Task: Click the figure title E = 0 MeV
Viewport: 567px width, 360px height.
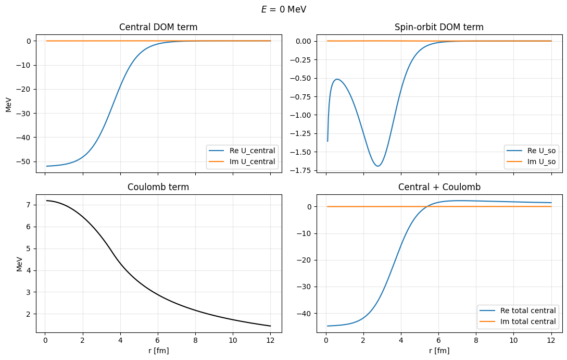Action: (x=283, y=9)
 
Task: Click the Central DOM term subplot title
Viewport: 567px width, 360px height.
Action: (x=158, y=27)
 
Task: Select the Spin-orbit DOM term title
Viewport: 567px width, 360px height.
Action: (x=439, y=27)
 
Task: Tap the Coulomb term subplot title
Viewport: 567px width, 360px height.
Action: (x=158, y=187)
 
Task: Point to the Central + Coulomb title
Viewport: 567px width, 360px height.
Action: (x=439, y=187)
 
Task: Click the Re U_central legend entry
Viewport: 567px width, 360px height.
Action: (x=241, y=151)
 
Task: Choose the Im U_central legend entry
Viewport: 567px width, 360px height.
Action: (x=241, y=162)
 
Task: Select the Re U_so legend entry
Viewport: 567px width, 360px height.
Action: (x=532, y=151)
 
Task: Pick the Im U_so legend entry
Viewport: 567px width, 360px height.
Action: (x=532, y=162)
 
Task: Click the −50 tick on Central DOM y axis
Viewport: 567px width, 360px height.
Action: (x=25, y=162)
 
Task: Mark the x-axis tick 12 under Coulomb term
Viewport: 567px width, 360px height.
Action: (x=270, y=340)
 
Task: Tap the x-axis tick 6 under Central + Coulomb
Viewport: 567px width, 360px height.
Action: (x=438, y=340)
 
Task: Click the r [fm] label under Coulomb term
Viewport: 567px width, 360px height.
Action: (x=158, y=351)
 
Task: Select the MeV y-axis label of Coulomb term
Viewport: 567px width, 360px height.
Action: (x=20, y=264)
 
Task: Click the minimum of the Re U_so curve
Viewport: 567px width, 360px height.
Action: (x=378, y=166)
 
